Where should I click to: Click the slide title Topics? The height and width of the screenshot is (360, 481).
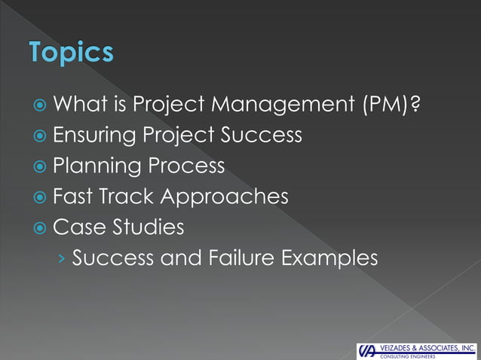click(72, 53)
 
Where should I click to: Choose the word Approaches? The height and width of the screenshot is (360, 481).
click(225, 197)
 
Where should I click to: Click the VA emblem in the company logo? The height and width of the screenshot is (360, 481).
click(367, 351)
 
